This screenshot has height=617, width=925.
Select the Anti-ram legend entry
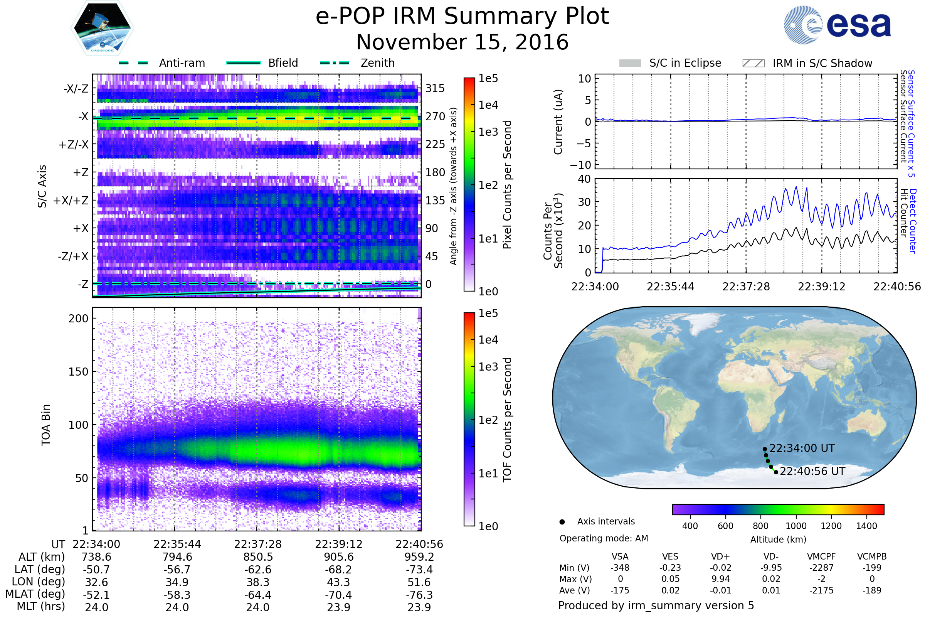[182, 63]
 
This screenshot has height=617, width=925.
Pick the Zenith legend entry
[377, 63]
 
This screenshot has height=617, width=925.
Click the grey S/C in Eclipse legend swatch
[630, 63]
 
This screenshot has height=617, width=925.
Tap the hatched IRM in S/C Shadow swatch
[753, 63]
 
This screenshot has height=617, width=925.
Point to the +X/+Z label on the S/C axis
[71, 201]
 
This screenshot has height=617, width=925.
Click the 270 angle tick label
[435, 117]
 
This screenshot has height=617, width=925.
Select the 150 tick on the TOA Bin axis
[78, 372]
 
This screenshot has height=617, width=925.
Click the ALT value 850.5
[257, 557]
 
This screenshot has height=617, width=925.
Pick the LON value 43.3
[339, 582]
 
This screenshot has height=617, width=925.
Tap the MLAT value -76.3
[419, 595]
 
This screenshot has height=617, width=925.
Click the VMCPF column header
[821, 557]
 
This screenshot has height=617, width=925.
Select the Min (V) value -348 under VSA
[620, 568]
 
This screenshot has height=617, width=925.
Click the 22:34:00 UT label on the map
[802, 448]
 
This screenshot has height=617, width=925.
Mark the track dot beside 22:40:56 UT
[776, 472]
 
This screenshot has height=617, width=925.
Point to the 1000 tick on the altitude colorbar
[795, 526]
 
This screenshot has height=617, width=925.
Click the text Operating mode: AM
[604, 538]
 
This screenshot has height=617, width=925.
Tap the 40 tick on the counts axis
[584, 179]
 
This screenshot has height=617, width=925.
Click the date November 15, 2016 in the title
[462, 42]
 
